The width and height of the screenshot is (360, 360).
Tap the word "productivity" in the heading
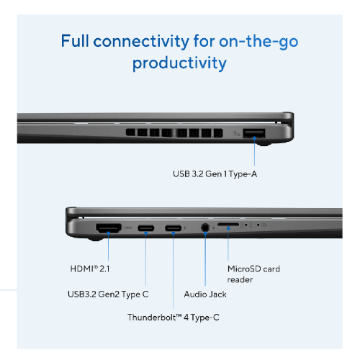point(179,63)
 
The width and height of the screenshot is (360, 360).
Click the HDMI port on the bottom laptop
point(108,229)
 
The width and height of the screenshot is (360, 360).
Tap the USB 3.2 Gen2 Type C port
point(146,230)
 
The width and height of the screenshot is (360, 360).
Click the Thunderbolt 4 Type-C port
point(173,230)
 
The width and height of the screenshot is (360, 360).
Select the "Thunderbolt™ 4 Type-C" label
point(173,318)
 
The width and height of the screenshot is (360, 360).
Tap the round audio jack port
point(206,230)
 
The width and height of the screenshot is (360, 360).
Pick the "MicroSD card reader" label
point(253,274)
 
